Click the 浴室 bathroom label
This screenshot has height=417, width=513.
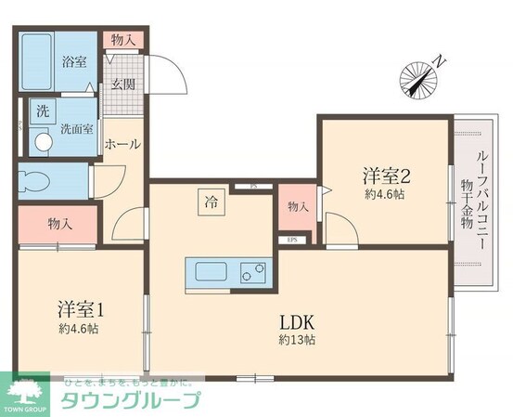(73, 62)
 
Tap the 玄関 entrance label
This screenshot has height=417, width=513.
(122, 83)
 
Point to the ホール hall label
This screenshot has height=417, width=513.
(123, 145)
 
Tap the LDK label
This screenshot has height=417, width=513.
(300, 321)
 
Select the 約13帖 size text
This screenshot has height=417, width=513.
(299, 340)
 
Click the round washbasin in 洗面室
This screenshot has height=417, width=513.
(42, 142)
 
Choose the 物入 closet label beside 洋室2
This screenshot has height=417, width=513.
(298, 206)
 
